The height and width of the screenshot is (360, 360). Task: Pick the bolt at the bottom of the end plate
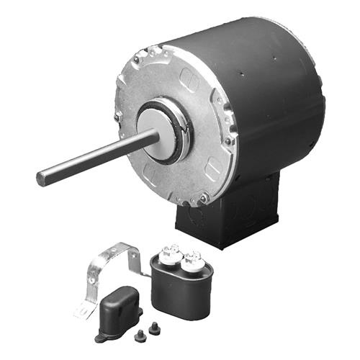204,196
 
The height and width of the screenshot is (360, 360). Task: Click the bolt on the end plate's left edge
117,116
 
